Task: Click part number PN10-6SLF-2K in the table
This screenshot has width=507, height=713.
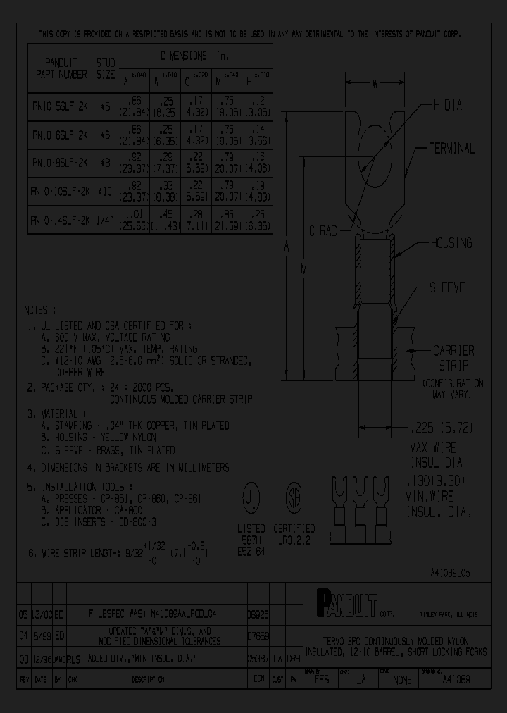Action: coord(60,133)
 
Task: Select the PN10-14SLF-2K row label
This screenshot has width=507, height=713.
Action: coord(60,219)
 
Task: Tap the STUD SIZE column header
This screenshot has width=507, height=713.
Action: coord(105,68)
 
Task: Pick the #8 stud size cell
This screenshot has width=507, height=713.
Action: coord(105,162)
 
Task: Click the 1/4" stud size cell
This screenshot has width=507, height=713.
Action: coord(105,219)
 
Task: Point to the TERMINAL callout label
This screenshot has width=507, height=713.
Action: coord(451,149)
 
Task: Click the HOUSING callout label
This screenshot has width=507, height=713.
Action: coord(451,243)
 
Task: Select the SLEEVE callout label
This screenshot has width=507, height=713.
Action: coord(448,288)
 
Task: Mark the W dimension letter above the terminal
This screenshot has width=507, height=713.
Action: coord(376,83)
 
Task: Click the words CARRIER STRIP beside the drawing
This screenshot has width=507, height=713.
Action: coord(453,357)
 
